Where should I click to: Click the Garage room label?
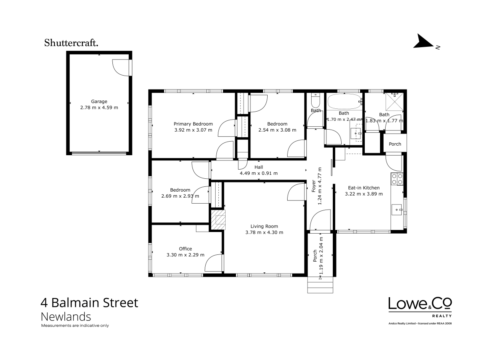[99, 102]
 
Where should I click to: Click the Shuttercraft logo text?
[71, 43]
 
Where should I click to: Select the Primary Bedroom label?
[193, 124]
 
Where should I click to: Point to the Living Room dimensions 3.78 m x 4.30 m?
[264, 232]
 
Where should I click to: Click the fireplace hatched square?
[218, 220]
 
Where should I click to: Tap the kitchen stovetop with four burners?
[397, 179]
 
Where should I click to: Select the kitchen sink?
[397, 210]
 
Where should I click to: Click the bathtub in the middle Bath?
[344, 102]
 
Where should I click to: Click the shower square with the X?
[394, 102]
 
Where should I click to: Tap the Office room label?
[185, 249]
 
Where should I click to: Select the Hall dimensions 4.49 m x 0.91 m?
[259, 173]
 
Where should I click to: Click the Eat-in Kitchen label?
[364, 188]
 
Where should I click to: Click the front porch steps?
[320, 285]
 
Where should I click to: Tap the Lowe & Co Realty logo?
[420, 307]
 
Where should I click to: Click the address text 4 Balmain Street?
[90, 303]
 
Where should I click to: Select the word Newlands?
[66, 317]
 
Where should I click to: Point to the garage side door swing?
[121, 68]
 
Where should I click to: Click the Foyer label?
[314, 186]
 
